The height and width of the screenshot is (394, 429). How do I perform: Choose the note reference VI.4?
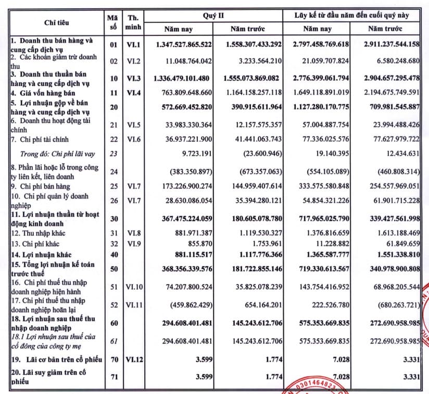coord(132,92)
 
